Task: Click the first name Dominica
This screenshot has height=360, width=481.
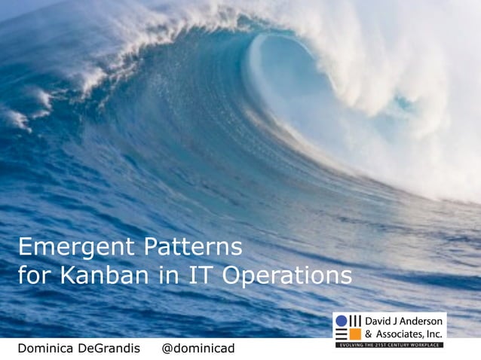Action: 48,349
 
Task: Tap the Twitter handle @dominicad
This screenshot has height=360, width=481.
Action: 199,349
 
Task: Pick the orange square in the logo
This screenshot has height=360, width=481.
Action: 342,334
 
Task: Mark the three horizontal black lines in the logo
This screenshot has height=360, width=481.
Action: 356,334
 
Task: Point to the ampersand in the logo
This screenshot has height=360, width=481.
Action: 369,334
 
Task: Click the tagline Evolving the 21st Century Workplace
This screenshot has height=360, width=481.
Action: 389,344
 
